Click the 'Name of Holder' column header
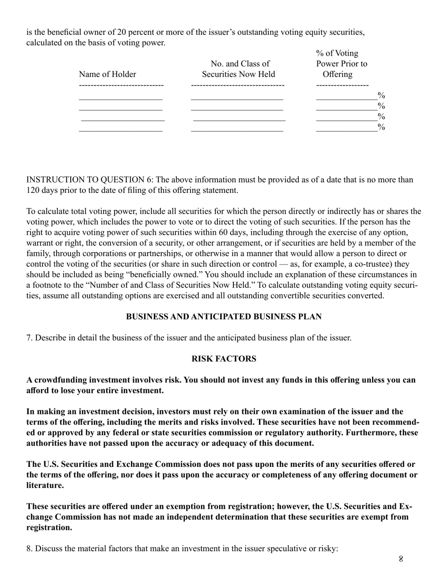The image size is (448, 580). tap(108, 75)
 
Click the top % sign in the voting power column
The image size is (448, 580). tap(382, 96)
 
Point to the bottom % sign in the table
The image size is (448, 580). tap(382, 127)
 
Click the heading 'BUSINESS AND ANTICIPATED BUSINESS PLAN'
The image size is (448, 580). tap(224, 317)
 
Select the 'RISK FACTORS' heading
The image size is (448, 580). tap(224, 359)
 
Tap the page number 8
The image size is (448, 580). tap(401, 560)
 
